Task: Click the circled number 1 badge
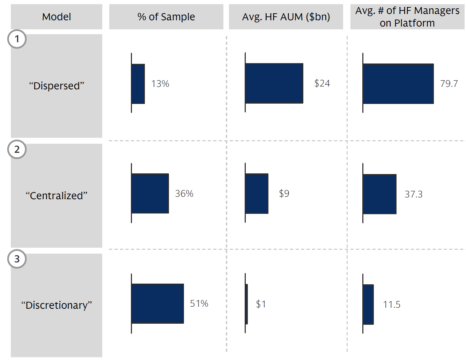[17, 39]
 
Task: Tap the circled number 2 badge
[17, 149]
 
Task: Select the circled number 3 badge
[17, 259]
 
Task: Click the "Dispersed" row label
[57, 86]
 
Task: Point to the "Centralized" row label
[57, 196]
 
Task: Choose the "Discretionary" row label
[57, 305]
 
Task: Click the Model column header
[57, 17]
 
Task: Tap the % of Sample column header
[166, 17]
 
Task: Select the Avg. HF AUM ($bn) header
[286, 17]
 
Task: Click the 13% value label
[160, 84]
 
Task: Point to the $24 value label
[322, 83]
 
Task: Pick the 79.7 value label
[449, 84]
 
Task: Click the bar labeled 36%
[150, 194]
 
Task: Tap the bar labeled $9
[257, 194]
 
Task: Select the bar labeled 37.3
[380, 194]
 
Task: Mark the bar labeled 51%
[158, 303]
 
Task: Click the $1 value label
[261, 304]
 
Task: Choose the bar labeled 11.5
[368, 305]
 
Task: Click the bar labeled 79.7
[398, 84]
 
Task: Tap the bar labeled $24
[274, 83]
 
